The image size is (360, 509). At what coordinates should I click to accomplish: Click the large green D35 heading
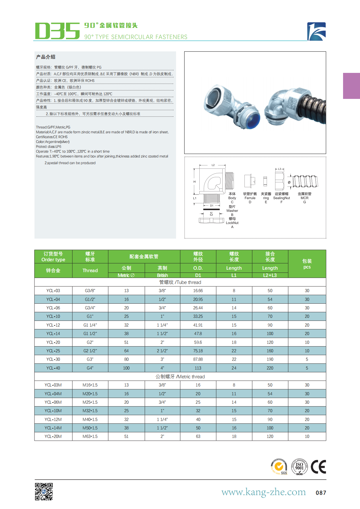click(x=57, y=31)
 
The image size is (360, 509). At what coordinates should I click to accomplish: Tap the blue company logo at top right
click(x=316, y=31)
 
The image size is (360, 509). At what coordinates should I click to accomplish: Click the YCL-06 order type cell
click(x=53, y=308)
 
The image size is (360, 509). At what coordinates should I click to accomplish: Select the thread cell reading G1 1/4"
click(x=90, y=325)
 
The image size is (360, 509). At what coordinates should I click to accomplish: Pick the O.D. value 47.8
click(x=198, y=334)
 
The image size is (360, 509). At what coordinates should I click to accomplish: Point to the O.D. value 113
click(x=198, y=368)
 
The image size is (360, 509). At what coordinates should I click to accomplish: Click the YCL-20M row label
click(x=53, y=436)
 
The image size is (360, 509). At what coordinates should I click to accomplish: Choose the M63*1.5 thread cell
click(x=90, y=436)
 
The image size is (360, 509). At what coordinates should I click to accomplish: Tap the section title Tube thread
click(x=180, y=282)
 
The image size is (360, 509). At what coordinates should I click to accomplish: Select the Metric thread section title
click(x=180, y=377)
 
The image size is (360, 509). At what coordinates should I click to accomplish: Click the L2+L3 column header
click(x=270, y=275)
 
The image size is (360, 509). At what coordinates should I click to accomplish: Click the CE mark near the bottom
click(x=318, y=467)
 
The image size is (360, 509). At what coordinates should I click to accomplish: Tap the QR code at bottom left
click(x=44, y=491)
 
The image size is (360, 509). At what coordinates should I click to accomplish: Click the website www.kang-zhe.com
click(x=263, y=492)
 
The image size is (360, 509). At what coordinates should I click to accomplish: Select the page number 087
click(x=321, y=493)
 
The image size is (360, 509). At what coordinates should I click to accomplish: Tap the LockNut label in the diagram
click(x=232, y=223)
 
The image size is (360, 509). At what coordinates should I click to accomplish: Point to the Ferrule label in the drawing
click(x=250, y=198)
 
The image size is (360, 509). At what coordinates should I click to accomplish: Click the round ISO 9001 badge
click(x=299, y=467)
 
